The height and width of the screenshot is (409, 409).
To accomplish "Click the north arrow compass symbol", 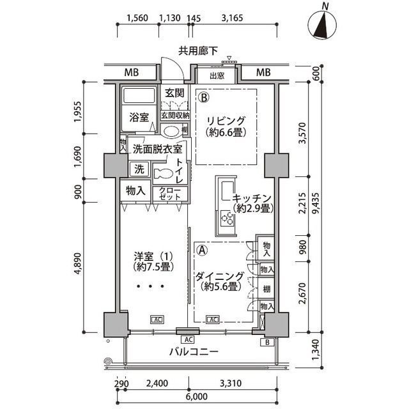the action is (x=322, y=25).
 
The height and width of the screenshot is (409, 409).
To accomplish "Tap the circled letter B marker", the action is (x=204, y=98).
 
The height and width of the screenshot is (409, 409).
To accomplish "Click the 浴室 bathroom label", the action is (x=139, y=118).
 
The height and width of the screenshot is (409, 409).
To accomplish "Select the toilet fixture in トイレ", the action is (x=164, y=173).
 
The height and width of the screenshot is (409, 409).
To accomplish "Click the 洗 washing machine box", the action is (x=139, y=169).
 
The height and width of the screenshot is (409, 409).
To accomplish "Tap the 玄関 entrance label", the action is (x=174, y=93).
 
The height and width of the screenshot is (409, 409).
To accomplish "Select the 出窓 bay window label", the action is (x=217, y=75).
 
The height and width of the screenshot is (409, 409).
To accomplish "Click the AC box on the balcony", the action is (x=189, y=339).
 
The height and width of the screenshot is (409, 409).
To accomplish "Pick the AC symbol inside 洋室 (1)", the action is (x=157, y=320).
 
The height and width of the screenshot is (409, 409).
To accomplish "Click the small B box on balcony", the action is (x=267, y=342).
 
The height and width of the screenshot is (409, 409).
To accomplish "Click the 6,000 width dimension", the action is (x=197, y=396).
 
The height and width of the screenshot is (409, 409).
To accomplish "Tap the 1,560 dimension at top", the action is (x=137, y=18).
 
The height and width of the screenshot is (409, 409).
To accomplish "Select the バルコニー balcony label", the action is (x=194, y=352).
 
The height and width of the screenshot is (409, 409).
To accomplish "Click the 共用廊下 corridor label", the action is (x=198, y=51).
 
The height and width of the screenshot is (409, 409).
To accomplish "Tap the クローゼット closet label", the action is (x=170, y=193).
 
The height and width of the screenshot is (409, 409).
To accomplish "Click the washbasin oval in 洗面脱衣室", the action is (x=171, y=131).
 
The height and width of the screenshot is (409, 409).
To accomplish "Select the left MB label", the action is (x=131, y=72).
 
